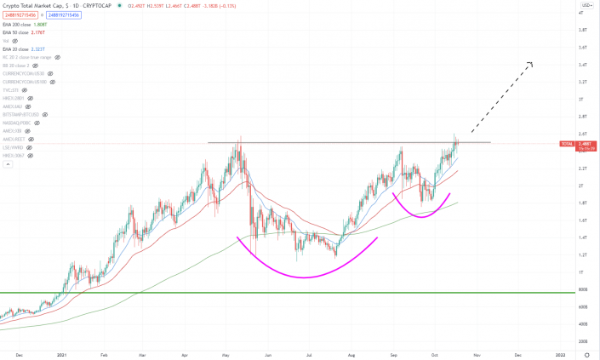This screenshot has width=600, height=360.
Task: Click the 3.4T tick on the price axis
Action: (x=580, y=65)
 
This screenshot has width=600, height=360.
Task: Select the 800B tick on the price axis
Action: (x=580, y=289)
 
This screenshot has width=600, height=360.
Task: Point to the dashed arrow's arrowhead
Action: (x=530, y=64)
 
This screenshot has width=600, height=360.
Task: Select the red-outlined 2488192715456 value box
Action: (x=19, y=16)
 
